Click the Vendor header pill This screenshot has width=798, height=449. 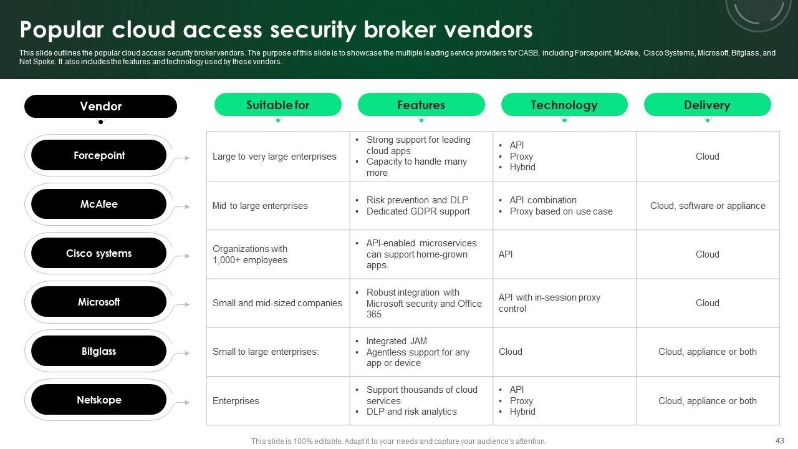point(100,106)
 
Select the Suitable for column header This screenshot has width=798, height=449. point(278,105)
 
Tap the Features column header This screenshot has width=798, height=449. point(421,105)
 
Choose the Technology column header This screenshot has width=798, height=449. point(564,105)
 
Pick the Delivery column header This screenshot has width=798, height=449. point(708,105)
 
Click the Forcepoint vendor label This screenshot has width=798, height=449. point(99,155)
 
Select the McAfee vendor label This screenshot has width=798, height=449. point(99,204)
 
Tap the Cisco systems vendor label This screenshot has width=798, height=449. point(99,253)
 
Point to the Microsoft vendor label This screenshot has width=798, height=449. point(99,302)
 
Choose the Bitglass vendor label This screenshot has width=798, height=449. point(99,351)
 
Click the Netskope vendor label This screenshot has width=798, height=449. point(99,400)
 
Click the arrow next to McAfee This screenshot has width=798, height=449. point(183,206)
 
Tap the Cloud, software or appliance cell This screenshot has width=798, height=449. point(708,206)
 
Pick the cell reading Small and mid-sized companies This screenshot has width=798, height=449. point(277,303)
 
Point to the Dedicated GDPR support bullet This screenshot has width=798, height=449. point(418,211)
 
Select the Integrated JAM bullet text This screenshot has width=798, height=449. point(397,341)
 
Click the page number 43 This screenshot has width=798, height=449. point(779,440)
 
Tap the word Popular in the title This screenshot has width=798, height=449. point(62,30)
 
